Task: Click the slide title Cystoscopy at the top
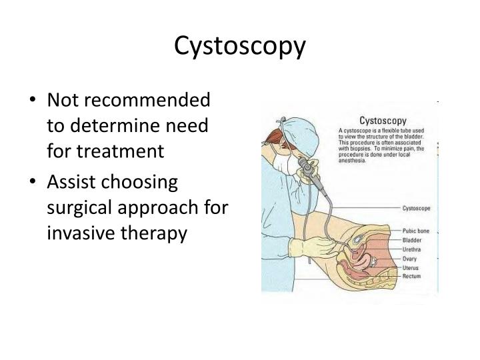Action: (x=240, y=46)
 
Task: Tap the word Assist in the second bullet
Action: (x=69, y=182)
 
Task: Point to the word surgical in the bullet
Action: (x=79, y=207)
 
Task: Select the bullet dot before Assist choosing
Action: (x=35, y=183)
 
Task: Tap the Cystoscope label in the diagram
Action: (x=417, y=208)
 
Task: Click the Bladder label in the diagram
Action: (x=412, y=239)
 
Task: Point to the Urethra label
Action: (x=412, y=249)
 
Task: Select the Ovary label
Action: (x=410, y=258)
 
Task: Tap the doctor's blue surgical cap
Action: (x=292, y=127)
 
